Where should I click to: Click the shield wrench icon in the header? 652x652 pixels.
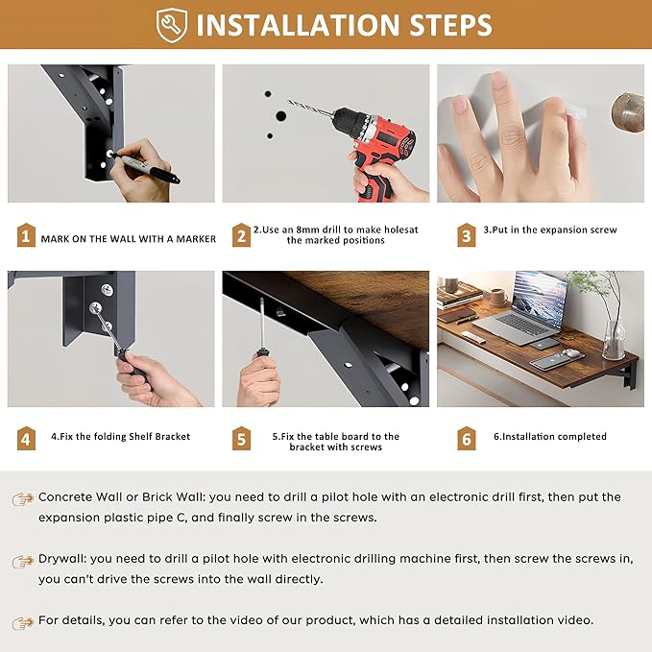click(172, 25)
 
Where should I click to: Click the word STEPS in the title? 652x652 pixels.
click(450, 25)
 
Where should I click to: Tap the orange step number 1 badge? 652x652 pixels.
click(26, 235)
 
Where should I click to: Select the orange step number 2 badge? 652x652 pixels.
click(241, 235)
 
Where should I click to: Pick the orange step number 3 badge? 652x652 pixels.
click(466, 235)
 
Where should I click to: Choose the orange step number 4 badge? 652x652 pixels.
click(26, 438)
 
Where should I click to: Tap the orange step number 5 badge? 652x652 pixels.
click(241, 438)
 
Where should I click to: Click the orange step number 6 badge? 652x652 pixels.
click(466, 438)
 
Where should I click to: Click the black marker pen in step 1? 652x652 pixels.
click(146, 167)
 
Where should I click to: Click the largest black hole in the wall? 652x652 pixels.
click(281, 116)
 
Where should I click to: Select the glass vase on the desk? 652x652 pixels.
click(614, 339)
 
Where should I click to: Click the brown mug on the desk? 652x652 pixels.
click(498, 297)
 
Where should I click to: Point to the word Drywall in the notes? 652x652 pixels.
click(62, 559)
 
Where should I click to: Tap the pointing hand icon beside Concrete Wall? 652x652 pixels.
click(23, 498)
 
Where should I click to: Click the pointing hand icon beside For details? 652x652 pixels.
click(23, 623)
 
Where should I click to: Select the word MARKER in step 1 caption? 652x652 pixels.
click(196, 239)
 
